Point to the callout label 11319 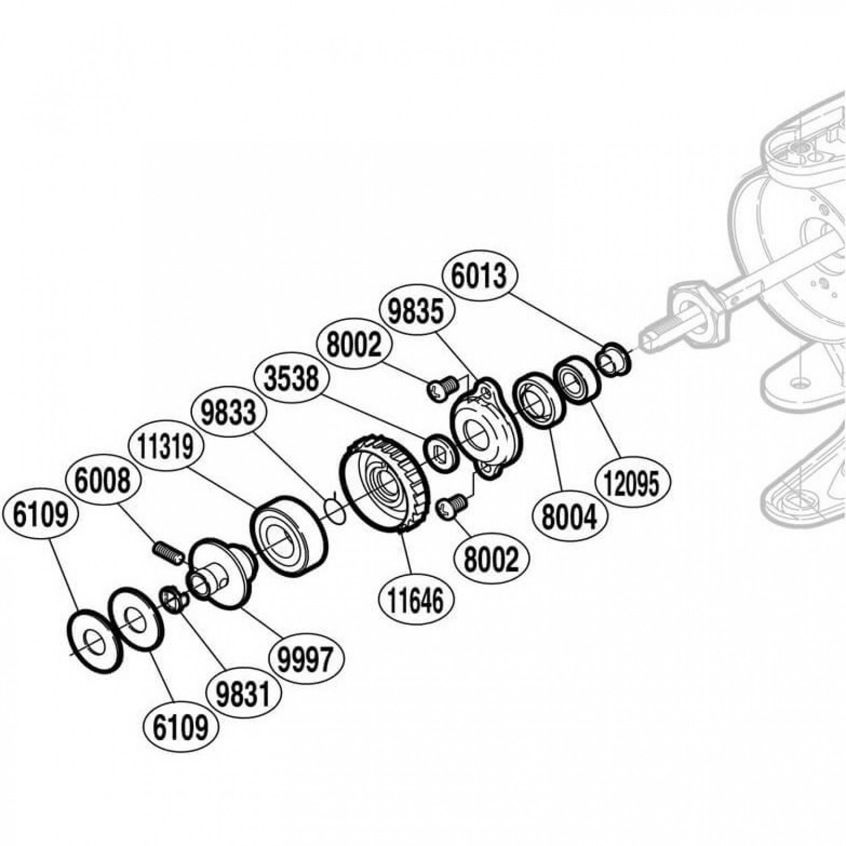(x=166, y=447)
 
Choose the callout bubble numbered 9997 (x=306, y=658)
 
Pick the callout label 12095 (x=633, y=483)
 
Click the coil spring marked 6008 (x=168, y=552)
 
